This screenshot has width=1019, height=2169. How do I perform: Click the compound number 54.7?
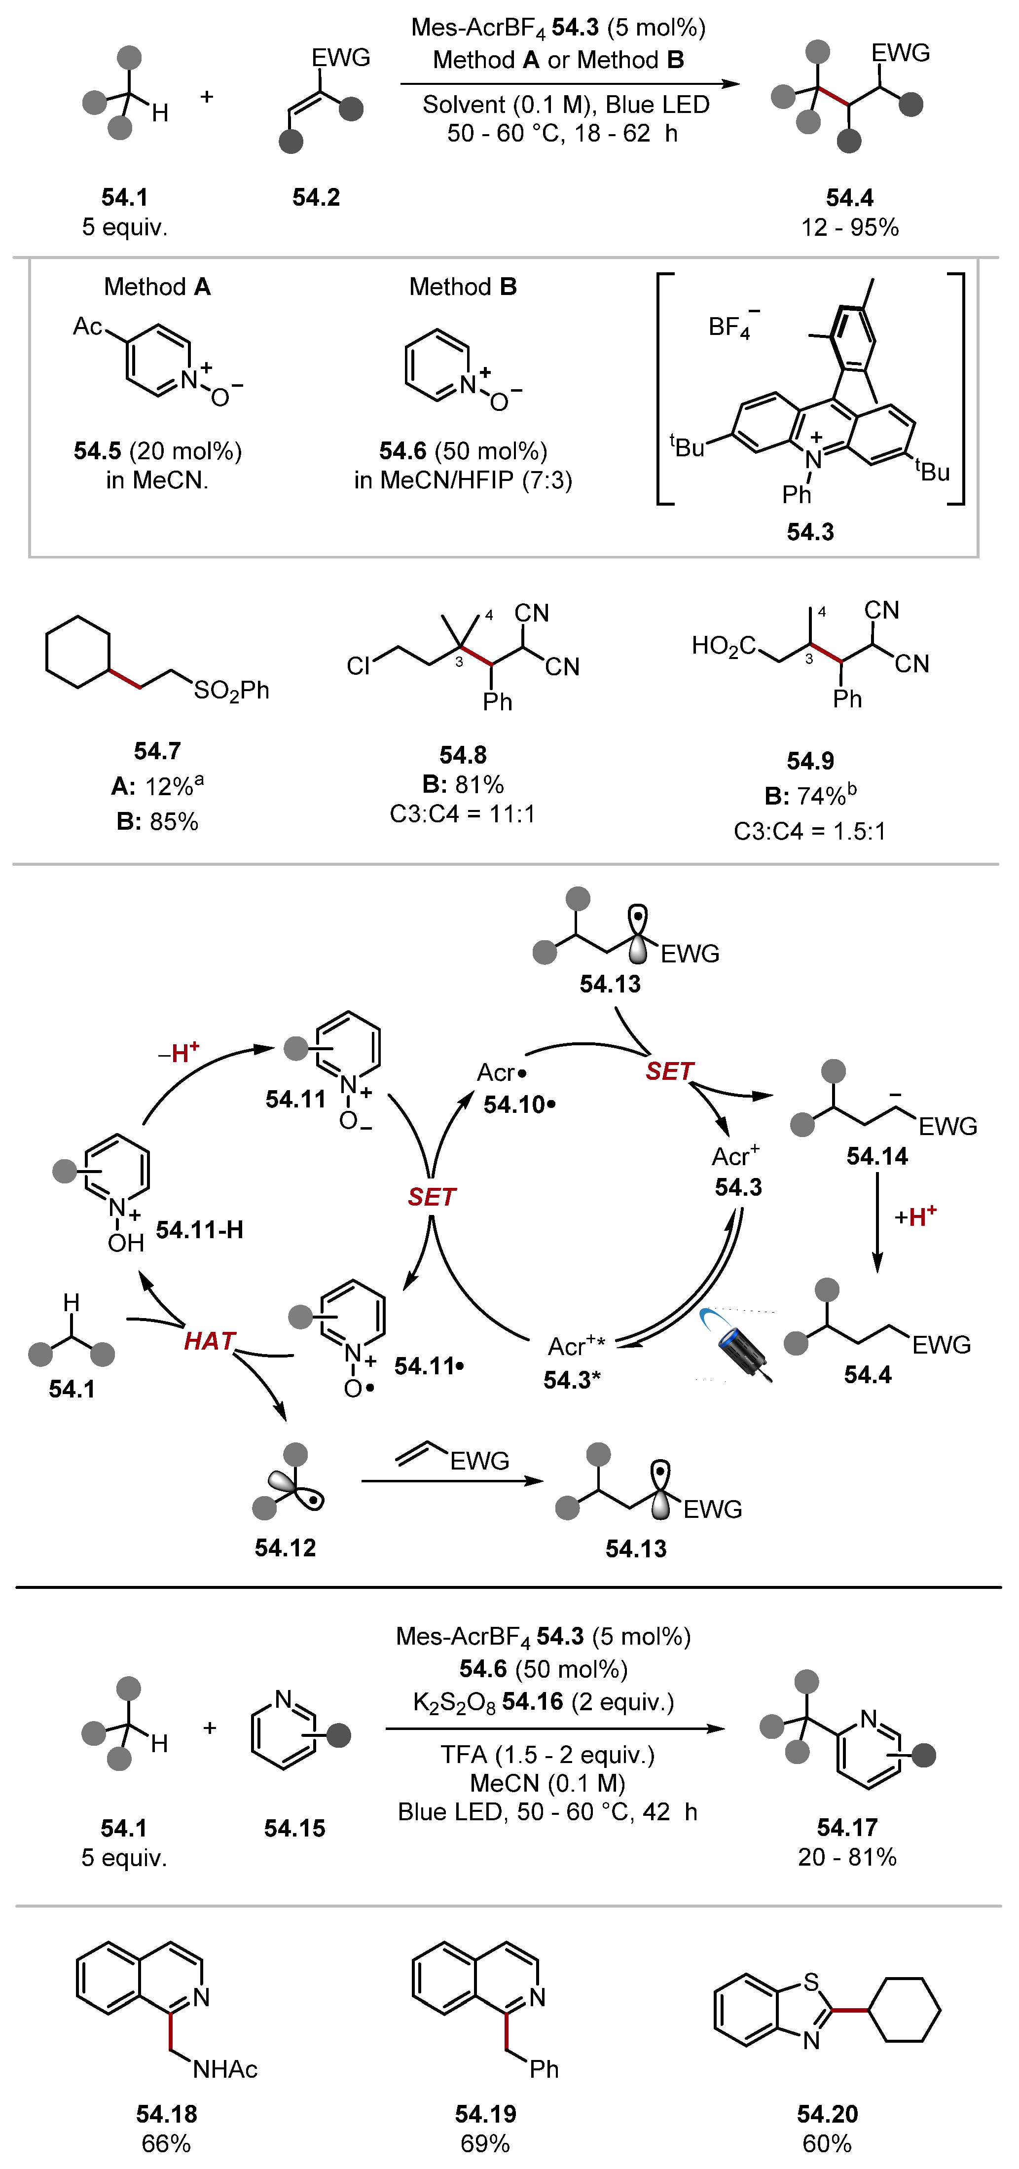click(x=157, y=750)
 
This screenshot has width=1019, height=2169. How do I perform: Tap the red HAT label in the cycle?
click(x=209, y=1340)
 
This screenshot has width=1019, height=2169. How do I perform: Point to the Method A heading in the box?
click(x=157, y=287)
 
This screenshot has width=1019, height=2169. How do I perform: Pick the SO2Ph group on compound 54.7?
click(x=232, y=691)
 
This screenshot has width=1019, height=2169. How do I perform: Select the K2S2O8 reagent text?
click(x=453, y=1702)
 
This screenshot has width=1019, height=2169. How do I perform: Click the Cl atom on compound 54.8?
click(x=358, y=666)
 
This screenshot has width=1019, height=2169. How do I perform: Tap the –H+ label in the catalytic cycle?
click(x=179, y=1053)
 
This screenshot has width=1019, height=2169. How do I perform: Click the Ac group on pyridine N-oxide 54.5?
click(x=88, y=327)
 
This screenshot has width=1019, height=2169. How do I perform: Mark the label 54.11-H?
click(x=200, y=1230)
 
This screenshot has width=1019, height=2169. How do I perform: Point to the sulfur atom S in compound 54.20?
click(x=811, y=1982)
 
